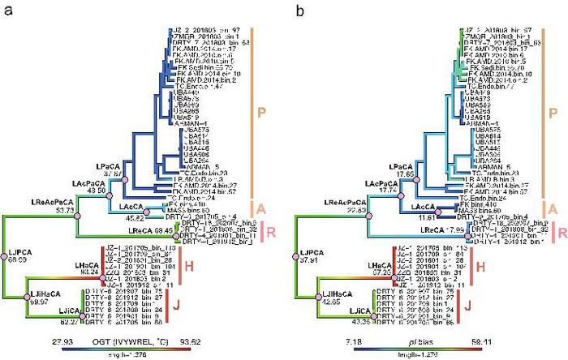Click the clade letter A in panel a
pos(261,208)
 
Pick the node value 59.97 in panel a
pos(39,300)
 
